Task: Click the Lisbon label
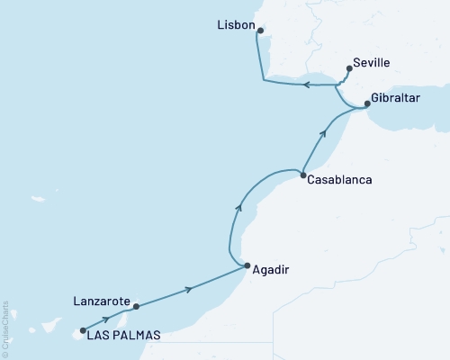pyautogui.click(x=236, y=26)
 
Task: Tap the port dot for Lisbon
pyautogui.click(x=260, y=31)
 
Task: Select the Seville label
pyautogui.click(x=378, y=65)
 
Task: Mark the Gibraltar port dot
pyautogui.click(x=366, y=104)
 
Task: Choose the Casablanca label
pyautogui.click(x=340, y=180)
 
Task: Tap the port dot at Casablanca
pyautogui.click(x=303, y=175)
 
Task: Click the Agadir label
pyautogui.click(x=272, y=269)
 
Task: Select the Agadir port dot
pyautogui.click(x=247, y=265)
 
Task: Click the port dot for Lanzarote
pyautogui.click(x=136, y=308)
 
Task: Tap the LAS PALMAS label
pyautogui.click(x=124, y=335)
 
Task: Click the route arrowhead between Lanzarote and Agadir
pyautogui.click(x=189, y=289)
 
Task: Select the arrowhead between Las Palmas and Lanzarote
pyautogui.click(x=107, y=319)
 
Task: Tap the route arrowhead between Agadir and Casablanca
pyautogui.click(x=238, y=207)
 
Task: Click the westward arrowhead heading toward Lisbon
pyautogui.click(x=305, y=85)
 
